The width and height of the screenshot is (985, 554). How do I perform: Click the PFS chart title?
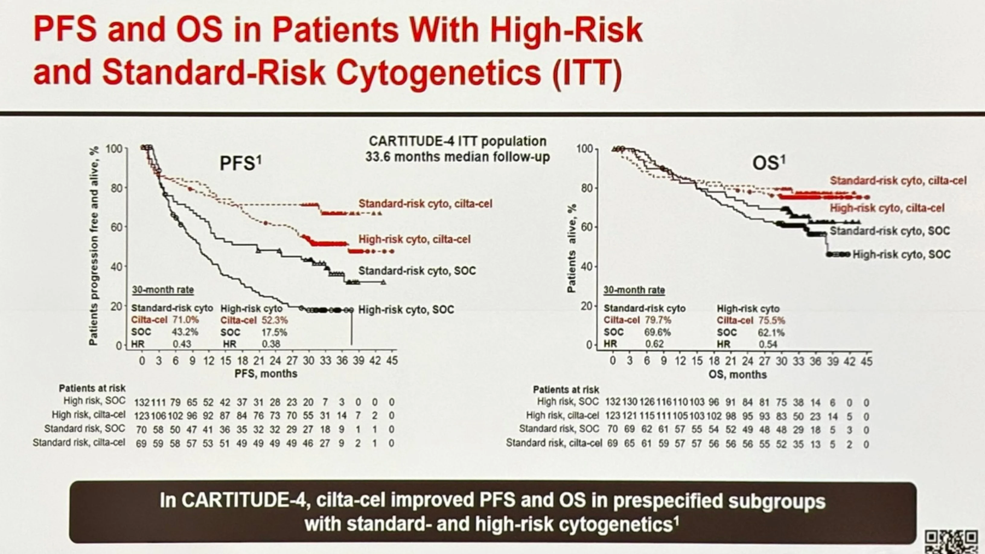240,163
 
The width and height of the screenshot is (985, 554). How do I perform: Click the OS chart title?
768,163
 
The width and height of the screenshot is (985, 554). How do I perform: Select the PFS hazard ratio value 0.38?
271,344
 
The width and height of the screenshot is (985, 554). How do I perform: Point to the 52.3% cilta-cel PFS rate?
275,320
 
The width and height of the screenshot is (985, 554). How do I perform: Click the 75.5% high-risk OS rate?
771,320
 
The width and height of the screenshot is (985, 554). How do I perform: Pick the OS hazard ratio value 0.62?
654,344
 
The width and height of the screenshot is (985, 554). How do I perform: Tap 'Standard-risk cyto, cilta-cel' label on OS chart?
898,180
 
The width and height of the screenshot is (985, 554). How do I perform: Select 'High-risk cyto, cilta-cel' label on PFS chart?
414,239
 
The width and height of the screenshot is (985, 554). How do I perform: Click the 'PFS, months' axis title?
266,374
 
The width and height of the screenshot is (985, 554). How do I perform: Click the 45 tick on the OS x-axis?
866,361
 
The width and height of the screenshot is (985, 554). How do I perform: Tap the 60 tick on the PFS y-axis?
116,227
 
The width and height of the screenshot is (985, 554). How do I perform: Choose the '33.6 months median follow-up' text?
457,157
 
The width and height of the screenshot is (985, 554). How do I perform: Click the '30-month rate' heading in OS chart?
634,290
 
